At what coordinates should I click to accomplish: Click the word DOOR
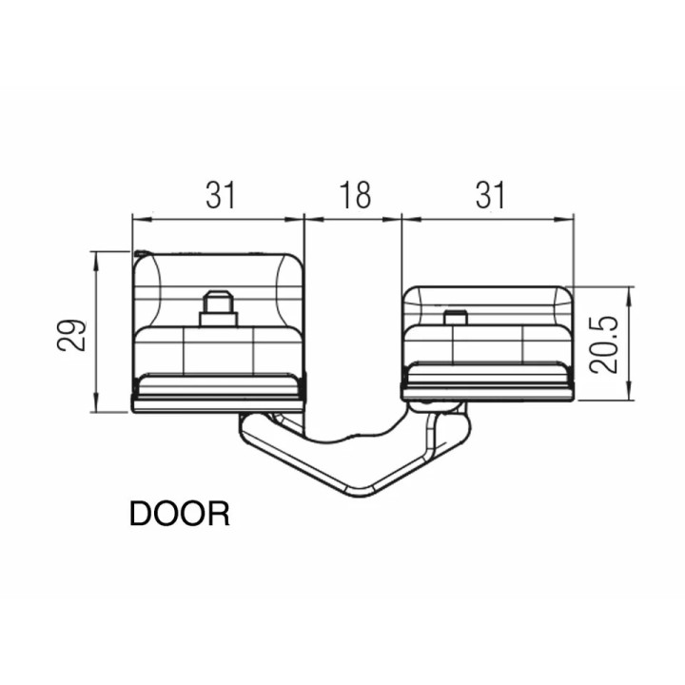(179, 514)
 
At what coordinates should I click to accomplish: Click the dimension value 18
(355, 195)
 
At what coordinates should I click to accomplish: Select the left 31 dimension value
(221, 195)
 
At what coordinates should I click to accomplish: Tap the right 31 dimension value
(490, 195)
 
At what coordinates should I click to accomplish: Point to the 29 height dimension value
(71, 336)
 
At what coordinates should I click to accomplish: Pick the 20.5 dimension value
(604, 345)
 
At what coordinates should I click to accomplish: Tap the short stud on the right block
(455, 317)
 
